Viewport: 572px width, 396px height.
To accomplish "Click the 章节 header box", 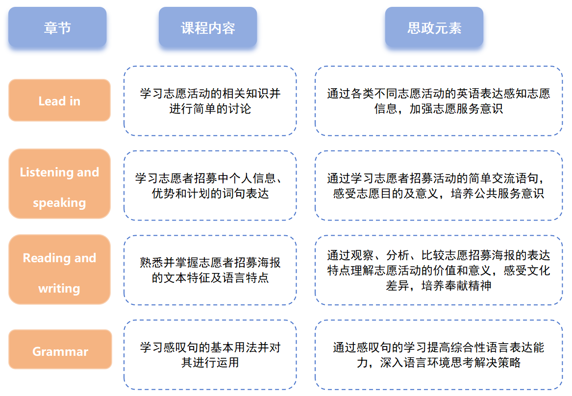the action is point(57,27).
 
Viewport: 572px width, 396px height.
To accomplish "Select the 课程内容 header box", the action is point(208,27).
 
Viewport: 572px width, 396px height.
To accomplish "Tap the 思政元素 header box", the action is point(434,27).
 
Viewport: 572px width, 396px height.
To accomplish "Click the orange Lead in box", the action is point(59,100).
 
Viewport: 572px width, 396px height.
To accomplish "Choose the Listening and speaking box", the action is point(59,184).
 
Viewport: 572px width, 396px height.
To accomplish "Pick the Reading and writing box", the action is point(59,270).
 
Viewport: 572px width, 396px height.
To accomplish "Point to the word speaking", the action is point(59,203).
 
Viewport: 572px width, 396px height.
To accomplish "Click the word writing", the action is point(59,289).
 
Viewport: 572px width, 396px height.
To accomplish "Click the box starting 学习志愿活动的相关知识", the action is point(210,101).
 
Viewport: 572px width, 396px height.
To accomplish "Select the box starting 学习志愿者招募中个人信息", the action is point(210,185).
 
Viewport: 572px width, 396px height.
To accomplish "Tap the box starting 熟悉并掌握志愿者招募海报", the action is point(210,270).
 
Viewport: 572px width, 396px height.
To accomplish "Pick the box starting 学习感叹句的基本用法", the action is point(210,355).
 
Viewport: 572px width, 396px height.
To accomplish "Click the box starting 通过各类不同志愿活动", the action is point(438,101).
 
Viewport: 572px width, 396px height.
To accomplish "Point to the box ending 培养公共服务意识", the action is point(438,185).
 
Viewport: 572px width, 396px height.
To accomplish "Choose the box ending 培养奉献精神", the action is point(438,270).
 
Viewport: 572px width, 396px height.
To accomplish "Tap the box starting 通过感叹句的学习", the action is point(438,355).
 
